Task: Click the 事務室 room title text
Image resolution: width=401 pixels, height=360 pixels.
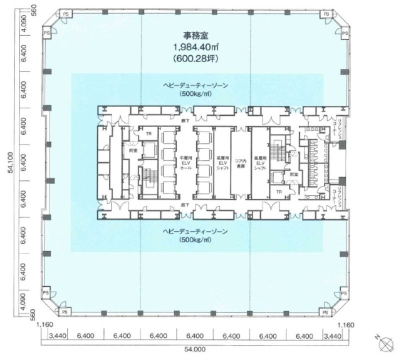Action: coord(194,36)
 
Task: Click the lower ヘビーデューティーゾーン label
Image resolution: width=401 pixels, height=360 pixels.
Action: coord(194,231)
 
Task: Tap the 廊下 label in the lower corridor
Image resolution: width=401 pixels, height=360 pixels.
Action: coord(185,204)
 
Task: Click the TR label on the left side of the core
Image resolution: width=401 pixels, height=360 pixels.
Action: coord(148,134)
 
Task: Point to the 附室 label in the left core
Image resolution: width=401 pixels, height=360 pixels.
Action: coord(133,150)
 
